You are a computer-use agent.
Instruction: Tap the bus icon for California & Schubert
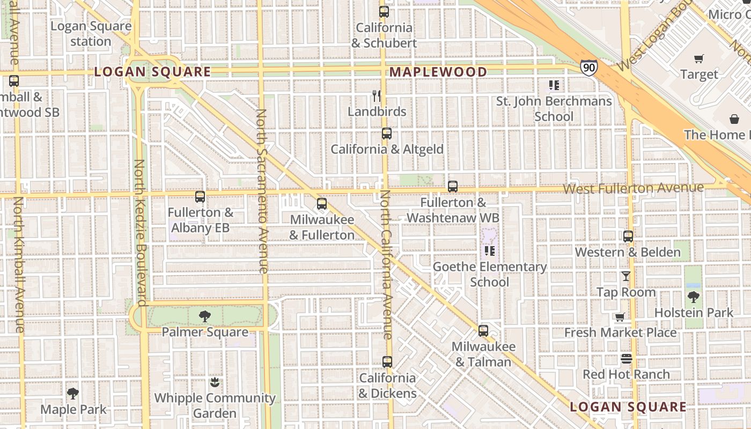pos(384,12)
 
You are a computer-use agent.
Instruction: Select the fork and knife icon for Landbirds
pos(377,96)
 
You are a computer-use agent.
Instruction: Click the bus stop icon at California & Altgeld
pos(387,134)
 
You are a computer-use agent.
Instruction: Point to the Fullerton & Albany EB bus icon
pos(200,197)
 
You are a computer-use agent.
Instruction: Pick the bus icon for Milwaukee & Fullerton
pos(322,204)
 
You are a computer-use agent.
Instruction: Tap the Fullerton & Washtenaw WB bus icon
pos(453,187)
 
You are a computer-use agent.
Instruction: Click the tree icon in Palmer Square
pos(204,316)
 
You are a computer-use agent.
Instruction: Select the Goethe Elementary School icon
pos(489,250)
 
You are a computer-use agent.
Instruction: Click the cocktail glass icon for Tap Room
pos(625,276)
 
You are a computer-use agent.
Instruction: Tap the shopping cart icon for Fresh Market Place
pos(620,317)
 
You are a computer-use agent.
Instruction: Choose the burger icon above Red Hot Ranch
pos(627,358)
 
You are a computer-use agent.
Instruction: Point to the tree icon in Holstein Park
pos(693,297)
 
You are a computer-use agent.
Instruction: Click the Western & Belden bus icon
pos(628,236)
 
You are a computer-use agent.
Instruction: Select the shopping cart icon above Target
pos(698,59)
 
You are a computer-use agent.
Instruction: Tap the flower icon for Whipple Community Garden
pos(215,382)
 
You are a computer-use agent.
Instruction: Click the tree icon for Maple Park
pos(73,394)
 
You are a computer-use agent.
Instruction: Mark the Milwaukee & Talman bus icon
pos(483,331)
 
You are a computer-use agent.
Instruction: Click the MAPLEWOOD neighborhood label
pos(438,72)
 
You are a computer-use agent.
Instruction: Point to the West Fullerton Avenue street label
pos(633,188)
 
